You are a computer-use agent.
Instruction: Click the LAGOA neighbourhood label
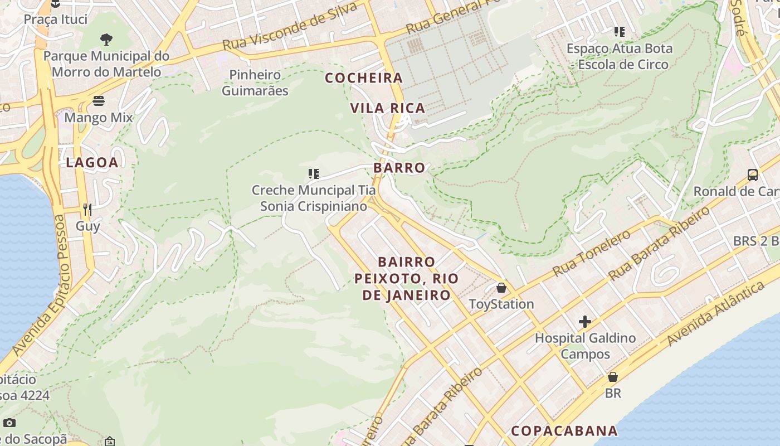tap(92, 163)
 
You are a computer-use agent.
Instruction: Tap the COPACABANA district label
tap(564, 431)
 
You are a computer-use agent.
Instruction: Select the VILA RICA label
tap(388, 108)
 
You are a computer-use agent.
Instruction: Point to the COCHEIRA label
tap(364, 78)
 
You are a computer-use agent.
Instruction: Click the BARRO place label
tap(399, 168)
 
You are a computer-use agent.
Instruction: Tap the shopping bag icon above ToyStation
tap(501, 288)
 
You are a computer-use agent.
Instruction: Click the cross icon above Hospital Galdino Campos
tap(585, 322)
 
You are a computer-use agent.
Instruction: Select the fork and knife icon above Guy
tap(87, 210)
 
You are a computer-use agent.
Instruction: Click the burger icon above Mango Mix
tap(99, 101)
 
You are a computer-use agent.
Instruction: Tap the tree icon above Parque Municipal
tap(106, 39)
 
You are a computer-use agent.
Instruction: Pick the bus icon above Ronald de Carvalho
tap(753, 175)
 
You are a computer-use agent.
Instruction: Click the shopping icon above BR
tap(613, 377)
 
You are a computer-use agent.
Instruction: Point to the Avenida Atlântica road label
tap(716, 313)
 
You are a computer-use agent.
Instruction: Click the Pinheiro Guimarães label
tap(255, 83)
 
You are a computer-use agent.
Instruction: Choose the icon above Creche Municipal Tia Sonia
tap(314, 174)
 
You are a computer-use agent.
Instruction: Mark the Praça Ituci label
tap(56, 20)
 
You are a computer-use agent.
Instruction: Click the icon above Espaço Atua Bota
tap(619, 32)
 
